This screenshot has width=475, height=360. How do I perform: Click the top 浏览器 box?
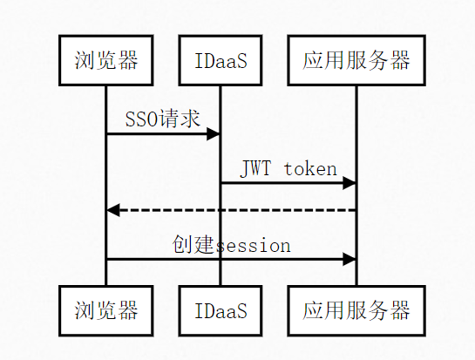point(106,60)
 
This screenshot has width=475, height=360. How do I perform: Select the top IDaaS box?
point(221,60)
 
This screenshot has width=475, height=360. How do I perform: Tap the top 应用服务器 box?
point(356,60)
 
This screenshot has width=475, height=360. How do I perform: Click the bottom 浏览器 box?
point(106,310)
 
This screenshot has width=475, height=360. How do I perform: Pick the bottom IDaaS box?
point(221,310)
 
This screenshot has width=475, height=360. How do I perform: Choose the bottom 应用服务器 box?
point(356,310)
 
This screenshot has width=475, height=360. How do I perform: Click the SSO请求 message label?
point(163,119)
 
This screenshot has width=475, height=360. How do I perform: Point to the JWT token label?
point(288,168)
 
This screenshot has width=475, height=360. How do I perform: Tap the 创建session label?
point(232,245)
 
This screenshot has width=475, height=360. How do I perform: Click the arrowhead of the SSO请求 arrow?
point(213,134)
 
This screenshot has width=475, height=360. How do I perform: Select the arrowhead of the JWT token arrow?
point(349,183)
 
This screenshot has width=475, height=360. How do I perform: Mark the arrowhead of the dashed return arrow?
point(113,210)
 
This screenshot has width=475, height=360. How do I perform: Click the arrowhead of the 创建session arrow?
point(349,259)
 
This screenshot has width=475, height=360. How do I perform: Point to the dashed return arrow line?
point(232,210)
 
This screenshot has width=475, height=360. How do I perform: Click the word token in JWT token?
point(310,168)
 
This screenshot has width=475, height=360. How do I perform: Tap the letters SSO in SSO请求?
point(141,119)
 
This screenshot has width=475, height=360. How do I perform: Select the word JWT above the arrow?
point(255,168)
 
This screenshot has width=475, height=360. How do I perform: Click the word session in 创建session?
point(253,246)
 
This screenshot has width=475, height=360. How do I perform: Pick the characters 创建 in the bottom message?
point(193,244)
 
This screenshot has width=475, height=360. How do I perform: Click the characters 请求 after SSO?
point(180,119)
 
